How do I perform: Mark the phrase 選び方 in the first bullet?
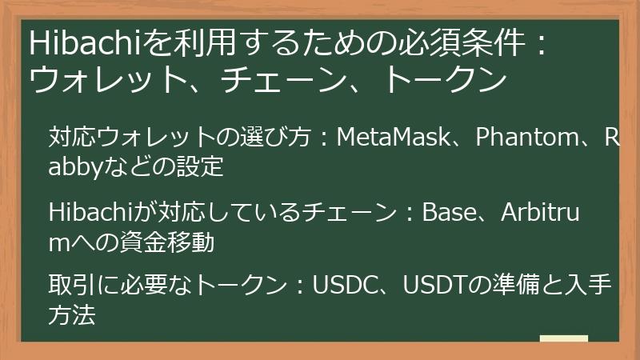coord(281,138)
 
